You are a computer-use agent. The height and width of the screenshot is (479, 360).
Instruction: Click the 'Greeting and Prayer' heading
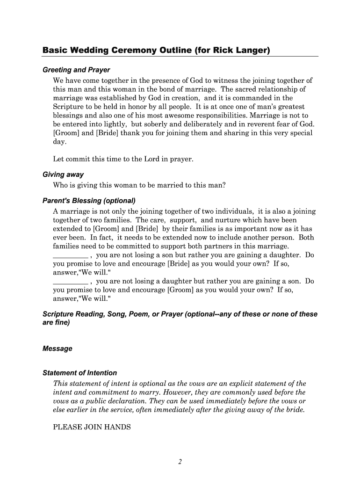coord(76,70)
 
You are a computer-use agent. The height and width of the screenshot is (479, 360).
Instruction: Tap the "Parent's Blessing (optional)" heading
coord(89,201)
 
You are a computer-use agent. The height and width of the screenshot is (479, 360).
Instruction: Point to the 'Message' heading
coord(58,348)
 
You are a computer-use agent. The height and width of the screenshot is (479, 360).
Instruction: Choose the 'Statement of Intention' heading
coord(79,373)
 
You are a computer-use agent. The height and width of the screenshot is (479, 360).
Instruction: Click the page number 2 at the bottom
coord(180,462)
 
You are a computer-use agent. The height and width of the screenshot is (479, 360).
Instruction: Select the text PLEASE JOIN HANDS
coord(92,427)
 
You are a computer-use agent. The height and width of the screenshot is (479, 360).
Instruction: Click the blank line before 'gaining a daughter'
coord(71,255)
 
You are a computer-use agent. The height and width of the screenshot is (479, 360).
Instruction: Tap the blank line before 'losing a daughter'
coord(71,282)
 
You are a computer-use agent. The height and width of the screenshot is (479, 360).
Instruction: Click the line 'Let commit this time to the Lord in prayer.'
coord(123,159)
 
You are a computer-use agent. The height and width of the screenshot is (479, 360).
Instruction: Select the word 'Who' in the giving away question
coord(61,185)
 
